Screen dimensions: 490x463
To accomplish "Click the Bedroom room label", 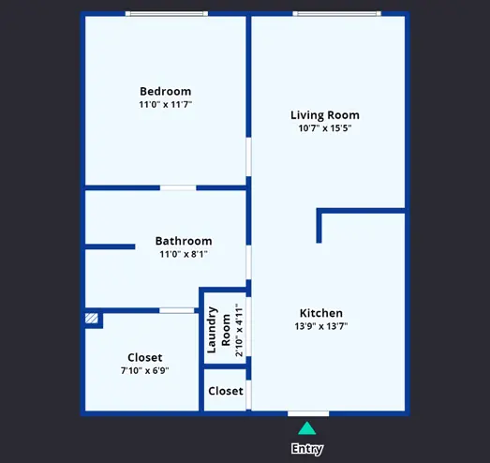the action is tap(165, 91).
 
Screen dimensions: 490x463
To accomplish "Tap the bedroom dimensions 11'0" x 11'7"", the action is tap(165, 104).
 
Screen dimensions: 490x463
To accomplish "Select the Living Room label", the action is tap(325, 115).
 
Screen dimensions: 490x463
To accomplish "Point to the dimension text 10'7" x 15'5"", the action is tap(325, 128).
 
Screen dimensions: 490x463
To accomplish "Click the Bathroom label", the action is tap(184, 241).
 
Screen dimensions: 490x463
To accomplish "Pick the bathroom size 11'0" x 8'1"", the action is tap(184, 254).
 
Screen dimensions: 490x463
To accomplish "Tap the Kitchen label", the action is tap(321, 313).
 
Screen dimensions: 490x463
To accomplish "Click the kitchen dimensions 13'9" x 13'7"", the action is tap(321, 326).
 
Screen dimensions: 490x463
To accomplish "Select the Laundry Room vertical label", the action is tap(218, 330).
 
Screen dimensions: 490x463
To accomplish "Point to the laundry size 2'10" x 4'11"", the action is tap(239, 330).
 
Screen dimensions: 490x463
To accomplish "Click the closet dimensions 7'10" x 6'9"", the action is tap(145, 370).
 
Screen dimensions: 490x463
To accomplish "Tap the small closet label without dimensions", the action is tap(226, 391).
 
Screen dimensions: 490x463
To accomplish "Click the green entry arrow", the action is tap(307, 428).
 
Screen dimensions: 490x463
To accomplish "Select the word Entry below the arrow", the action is tap(307, 449).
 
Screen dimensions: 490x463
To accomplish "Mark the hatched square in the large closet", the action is tap(92, 319).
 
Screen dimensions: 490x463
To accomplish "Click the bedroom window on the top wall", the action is tap(167, 13).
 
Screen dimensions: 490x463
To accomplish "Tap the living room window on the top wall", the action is tap(337, 13).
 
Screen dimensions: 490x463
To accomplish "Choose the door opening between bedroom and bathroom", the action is tap(178, 187).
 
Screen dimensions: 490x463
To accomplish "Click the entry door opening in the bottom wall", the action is tap(308, 414).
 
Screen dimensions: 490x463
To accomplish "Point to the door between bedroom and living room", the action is tap(249, 157).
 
